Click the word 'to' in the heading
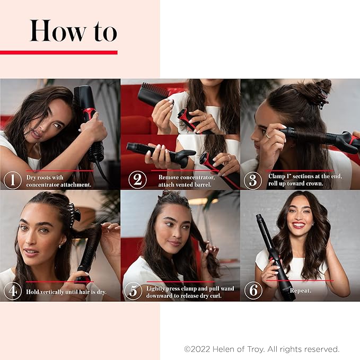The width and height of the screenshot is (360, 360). click(x=102, y=32)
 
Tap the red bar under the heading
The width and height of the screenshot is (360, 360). click(x=58, y=52)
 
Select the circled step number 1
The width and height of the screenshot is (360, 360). click(x=12, y=180)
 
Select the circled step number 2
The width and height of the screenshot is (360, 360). click(x=137, y=180)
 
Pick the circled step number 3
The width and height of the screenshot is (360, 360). click(x=252, y=180)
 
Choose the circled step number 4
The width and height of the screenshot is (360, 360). click(x=12, y=291)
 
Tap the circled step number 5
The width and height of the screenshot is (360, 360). click(x=133, y=291)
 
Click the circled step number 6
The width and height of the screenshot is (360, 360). click(x=252, y=291)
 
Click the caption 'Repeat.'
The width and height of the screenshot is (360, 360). click(x=301, y=291)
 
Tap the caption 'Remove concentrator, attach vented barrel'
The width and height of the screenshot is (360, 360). click(x=180, y=181)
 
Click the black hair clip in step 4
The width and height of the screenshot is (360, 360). click(x=74, y=215)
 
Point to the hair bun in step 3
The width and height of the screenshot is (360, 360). click(x=317, y=90)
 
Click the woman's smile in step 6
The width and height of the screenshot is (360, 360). click(x=299, y=225)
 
